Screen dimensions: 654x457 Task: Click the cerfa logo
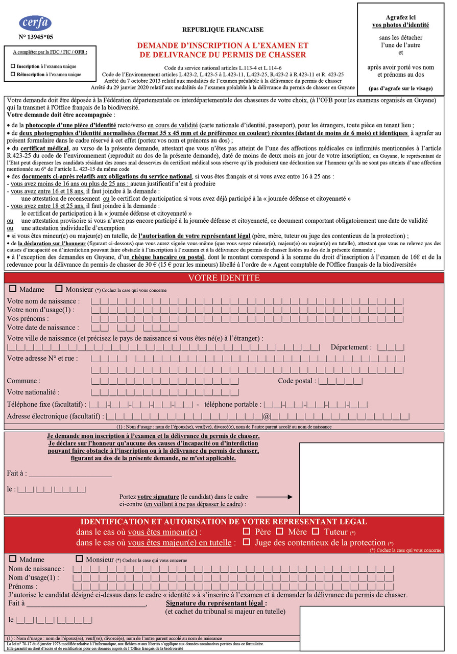click(35, 23)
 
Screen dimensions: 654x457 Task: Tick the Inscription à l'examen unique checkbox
click(13, 66)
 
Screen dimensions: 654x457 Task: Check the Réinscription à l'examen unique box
click(13, 75)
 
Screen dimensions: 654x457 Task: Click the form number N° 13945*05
click(36, 37)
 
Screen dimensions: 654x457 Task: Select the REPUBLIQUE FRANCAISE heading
click(223, 30)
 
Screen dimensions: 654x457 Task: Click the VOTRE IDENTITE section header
click(224, 278)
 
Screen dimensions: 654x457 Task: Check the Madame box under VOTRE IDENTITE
click(13, 289)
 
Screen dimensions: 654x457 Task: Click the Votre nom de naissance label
click(43, 301)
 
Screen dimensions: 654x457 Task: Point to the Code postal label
click(297, 381)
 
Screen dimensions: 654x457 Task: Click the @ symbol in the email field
click(266, 416)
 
